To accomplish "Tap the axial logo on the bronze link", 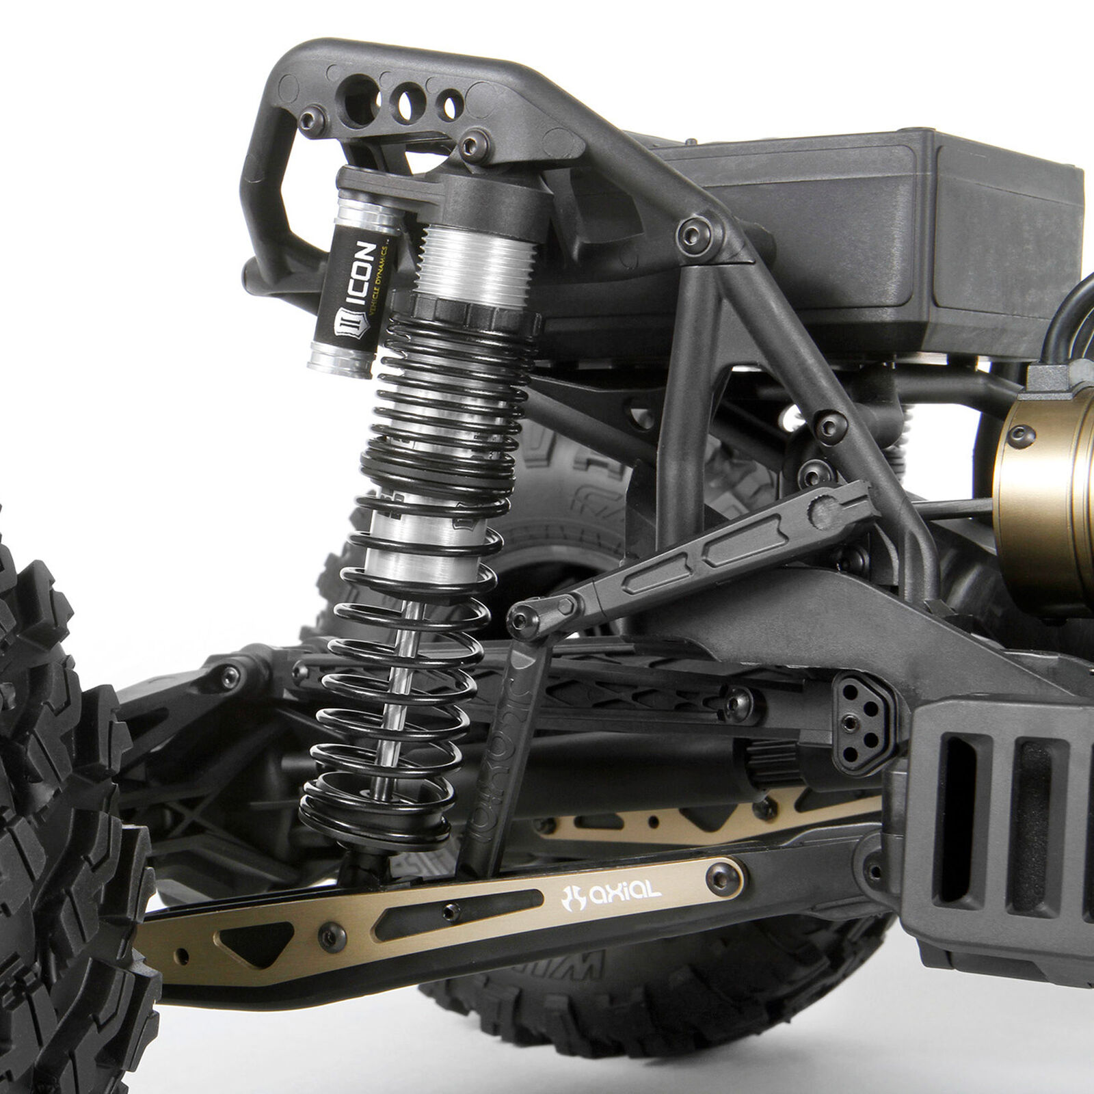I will pos(611,893).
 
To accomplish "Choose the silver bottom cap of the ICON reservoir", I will pos(341,360).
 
